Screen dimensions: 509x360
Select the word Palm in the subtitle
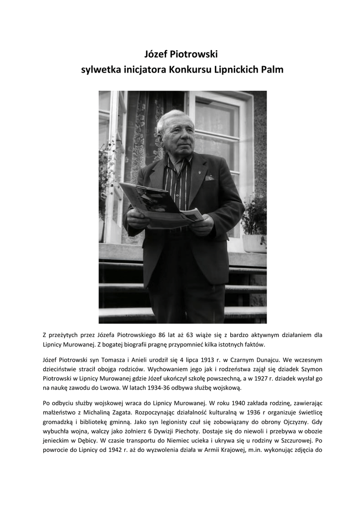[x=272, y=70]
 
